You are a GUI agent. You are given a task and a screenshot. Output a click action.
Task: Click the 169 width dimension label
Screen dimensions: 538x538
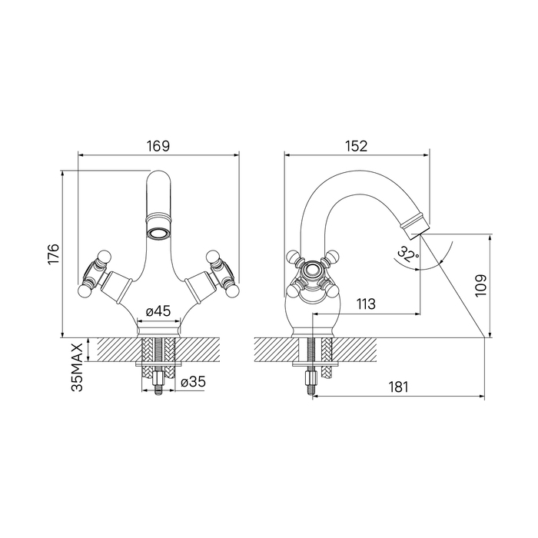click(x=158, y=146)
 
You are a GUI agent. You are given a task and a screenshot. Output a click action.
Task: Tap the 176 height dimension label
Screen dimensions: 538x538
click(x=54, y=254)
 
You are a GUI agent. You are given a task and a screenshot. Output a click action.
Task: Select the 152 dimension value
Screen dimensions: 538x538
click(x=356, y=146)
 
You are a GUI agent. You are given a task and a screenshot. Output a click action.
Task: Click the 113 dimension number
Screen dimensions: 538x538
click(x=366, y=304)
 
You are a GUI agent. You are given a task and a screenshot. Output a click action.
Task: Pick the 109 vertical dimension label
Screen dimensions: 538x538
click(x=481, y=285)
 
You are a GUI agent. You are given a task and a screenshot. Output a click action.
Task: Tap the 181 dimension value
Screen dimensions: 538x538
click(x=398, y=387)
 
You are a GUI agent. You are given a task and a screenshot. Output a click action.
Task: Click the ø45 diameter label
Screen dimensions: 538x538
click(x=158, y=311)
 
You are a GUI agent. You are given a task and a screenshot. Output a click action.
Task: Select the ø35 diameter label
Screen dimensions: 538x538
click(x=193, y=381)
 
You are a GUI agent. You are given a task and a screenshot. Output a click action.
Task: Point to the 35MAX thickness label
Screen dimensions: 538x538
click(x=77, y=367)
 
